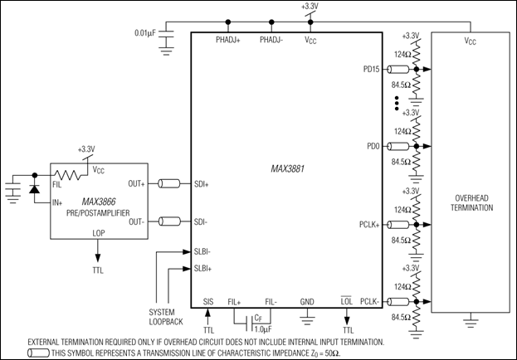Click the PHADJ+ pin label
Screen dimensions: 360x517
point(229,39)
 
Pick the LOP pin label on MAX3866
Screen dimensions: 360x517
point(100,235)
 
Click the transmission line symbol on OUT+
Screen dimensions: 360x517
point(171,183)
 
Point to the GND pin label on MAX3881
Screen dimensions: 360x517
point(308,303)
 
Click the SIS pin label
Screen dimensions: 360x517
point(207,303)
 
